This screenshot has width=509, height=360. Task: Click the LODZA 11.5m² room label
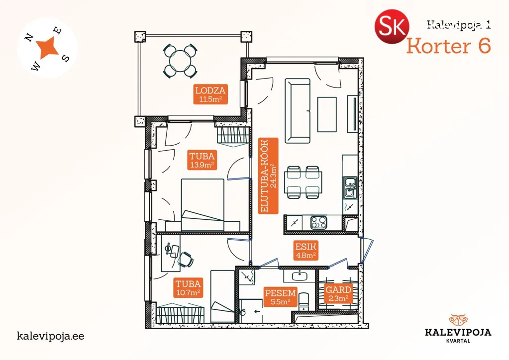click(x=210, y=94)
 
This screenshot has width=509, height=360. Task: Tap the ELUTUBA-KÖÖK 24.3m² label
click(x=268, y=176)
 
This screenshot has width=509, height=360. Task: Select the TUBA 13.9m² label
click(x=202, y=160)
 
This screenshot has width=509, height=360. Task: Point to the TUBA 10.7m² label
click(x=188, y=288)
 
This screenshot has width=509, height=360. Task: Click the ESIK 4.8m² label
click(x=306, y=251)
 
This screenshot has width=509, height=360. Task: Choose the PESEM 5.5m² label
click(x=281, y=297)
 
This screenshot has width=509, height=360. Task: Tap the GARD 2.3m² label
click(x=338, y=293)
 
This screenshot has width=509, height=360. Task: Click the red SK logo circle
click(x=392, y=27)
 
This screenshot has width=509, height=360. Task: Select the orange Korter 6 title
click(x=448, y=46)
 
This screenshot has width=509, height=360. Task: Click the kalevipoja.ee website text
click(x=50, y=336)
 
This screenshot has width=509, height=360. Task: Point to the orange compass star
click(x=48, y=47)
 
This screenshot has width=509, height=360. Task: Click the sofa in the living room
click(x=298, y=110)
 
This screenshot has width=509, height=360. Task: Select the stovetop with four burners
click(x=319, y=222)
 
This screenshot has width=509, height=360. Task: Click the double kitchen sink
click(x=350, y=188)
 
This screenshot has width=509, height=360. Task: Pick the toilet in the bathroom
click(x=304, y=301)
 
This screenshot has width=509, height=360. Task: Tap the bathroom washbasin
click(x=299, y=276)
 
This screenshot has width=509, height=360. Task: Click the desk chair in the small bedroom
click(x=186, y=259)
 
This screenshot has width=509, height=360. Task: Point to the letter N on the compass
click(x=29, y=38)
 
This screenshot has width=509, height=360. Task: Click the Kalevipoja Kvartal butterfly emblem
click(x=458, y=319)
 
